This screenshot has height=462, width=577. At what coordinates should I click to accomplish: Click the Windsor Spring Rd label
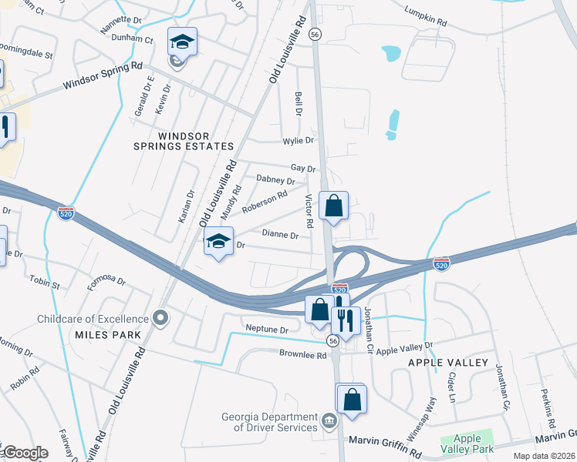click(103, 75)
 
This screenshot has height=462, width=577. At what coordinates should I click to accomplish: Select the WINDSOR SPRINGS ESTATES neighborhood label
click(195, 141)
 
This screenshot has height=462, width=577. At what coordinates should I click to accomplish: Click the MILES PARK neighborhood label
click(110, 335)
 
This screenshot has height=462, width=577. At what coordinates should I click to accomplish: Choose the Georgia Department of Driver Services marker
click(329, 421)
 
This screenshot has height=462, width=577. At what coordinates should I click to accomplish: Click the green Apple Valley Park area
click(466, 442)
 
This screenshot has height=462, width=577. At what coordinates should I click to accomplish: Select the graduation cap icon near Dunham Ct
click(182, 42)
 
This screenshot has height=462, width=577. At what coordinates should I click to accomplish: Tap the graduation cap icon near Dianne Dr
click(219, 242)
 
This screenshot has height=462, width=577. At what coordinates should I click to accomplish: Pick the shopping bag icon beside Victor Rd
click(333, 206)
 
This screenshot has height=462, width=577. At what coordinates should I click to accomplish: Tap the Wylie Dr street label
click(298, 140)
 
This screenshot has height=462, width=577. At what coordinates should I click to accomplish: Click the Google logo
click(25, 453)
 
